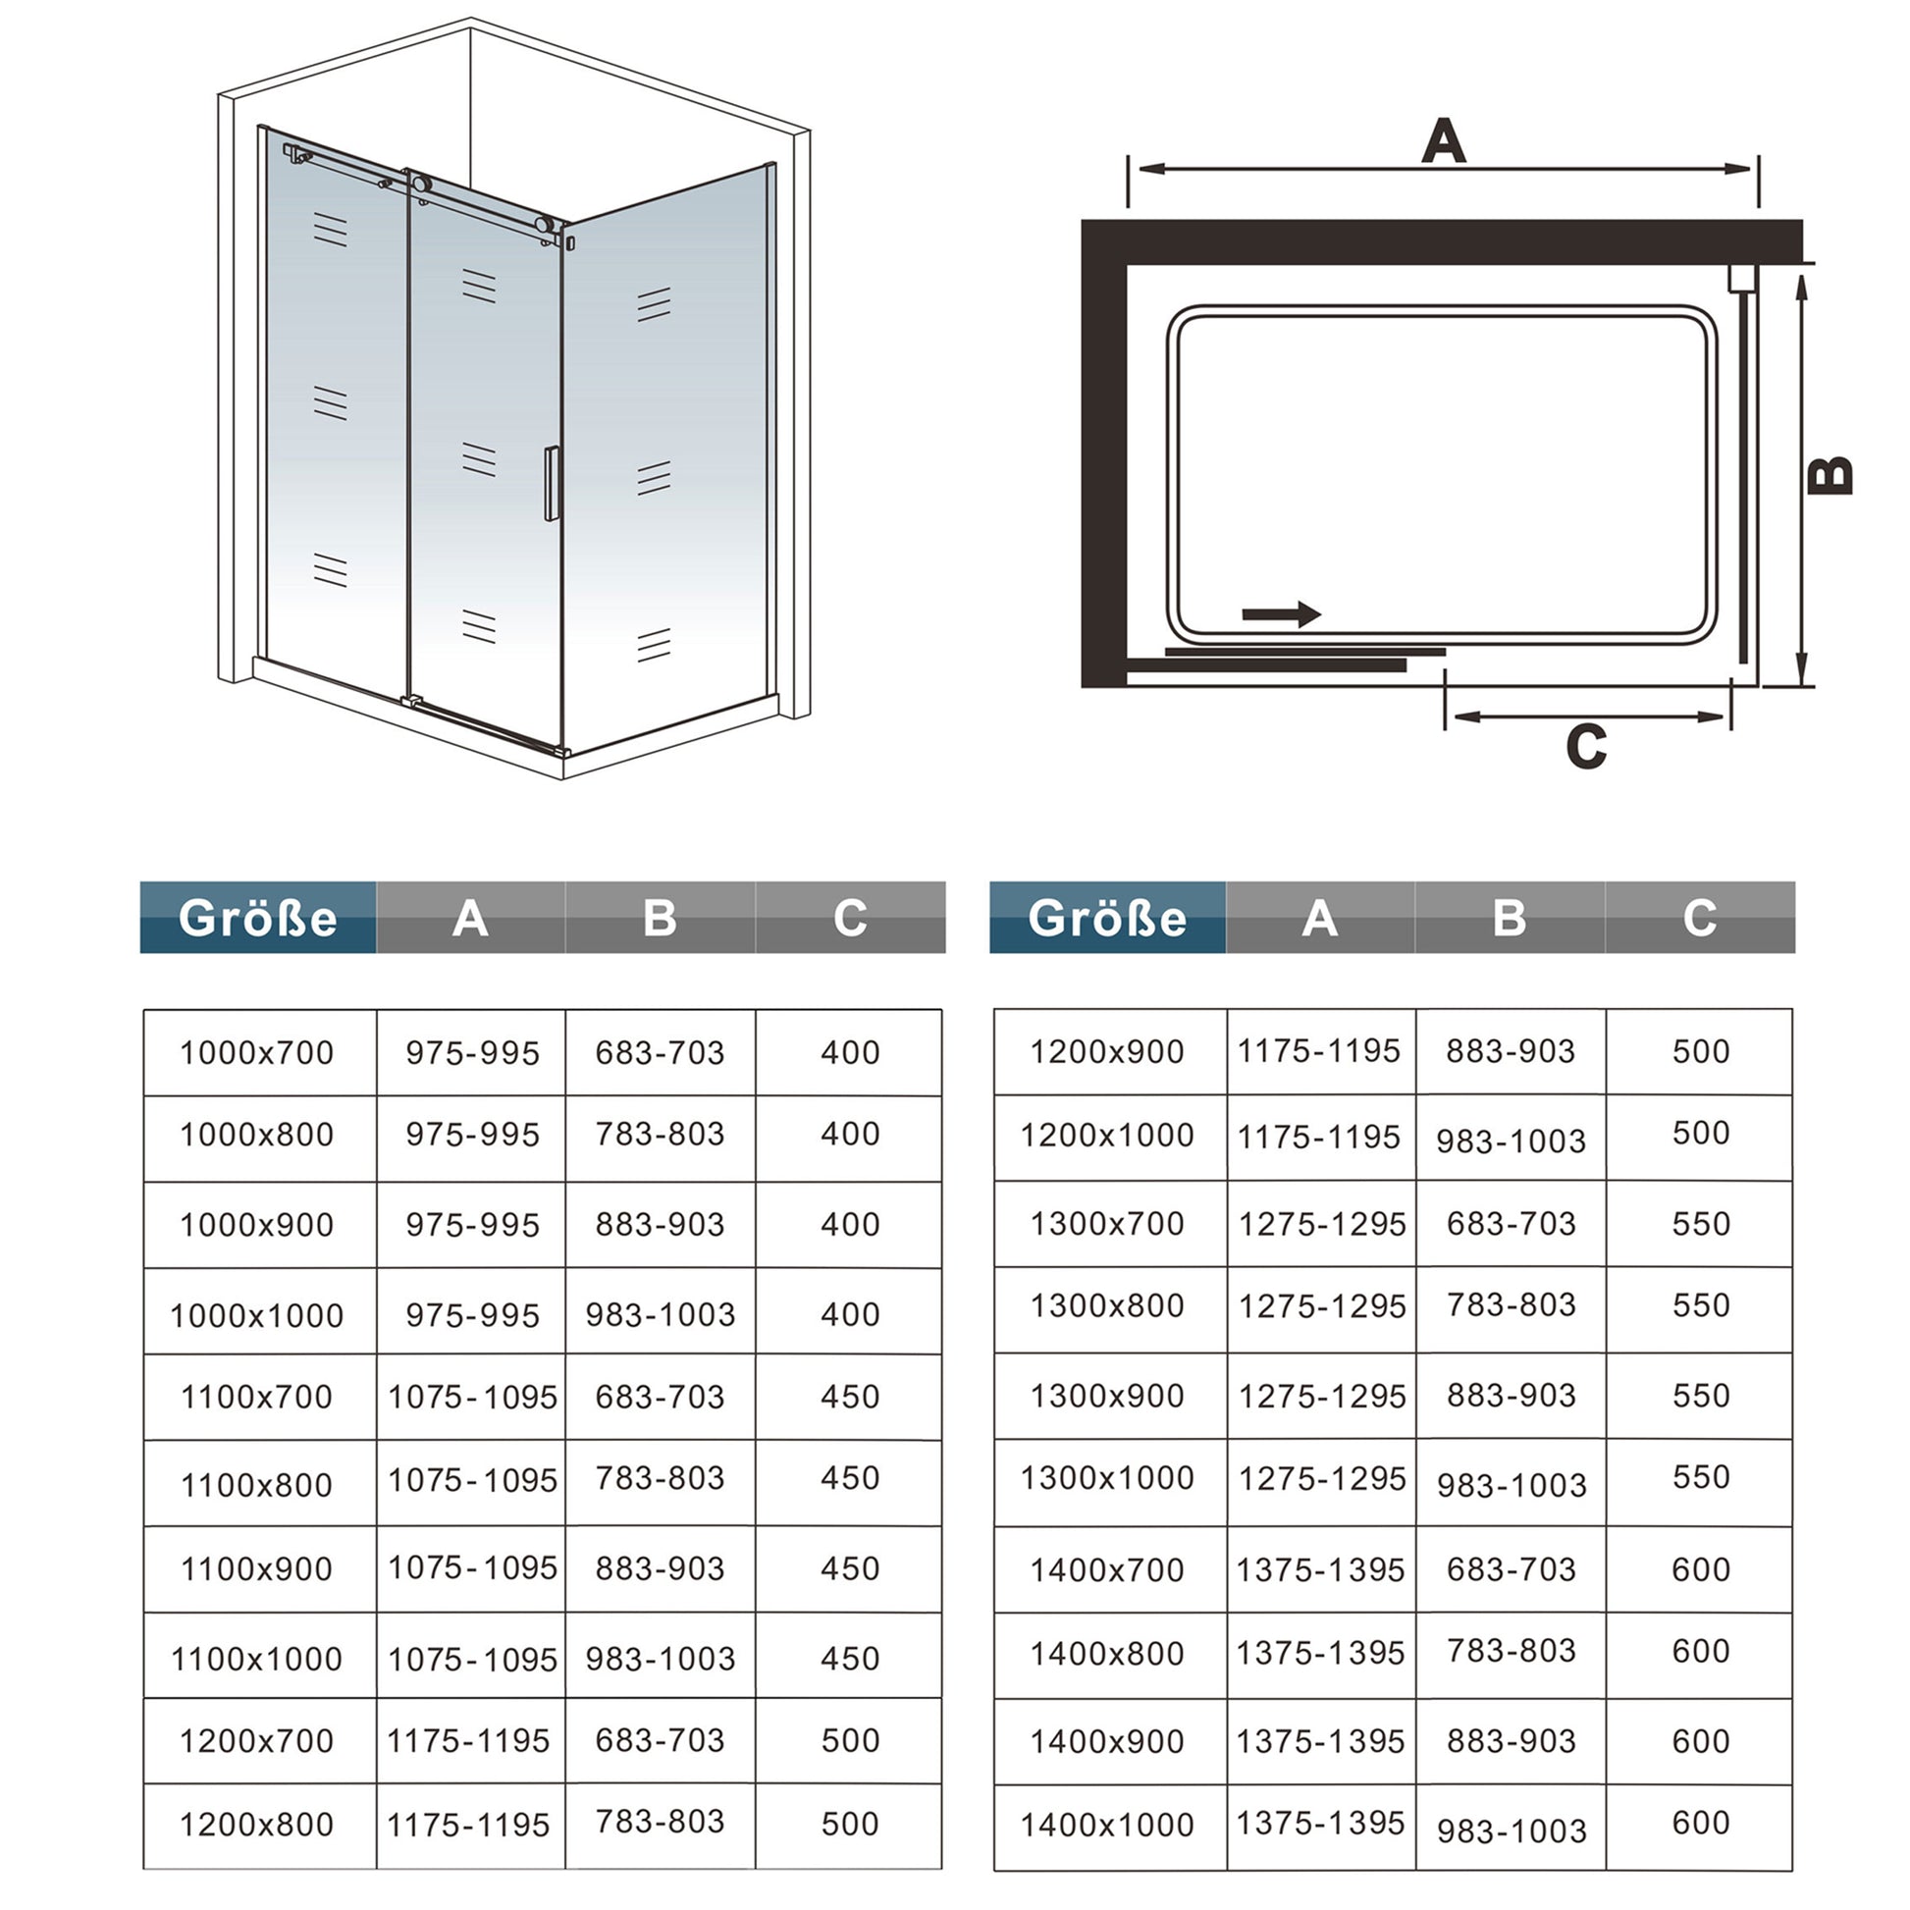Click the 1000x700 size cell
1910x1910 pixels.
point(257,1053)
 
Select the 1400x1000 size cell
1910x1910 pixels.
point(1107,1824)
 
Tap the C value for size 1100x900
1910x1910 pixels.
point(850,1568)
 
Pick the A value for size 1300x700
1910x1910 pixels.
point(1322,1225)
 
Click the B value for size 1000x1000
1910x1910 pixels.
point(661,1315)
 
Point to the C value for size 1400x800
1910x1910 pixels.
point(1700,1651)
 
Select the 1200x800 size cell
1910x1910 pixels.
point(257,1824)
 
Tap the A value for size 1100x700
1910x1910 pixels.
point(472,1397)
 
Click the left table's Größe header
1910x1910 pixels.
point(258,918)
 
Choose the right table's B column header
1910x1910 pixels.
point(1510,918)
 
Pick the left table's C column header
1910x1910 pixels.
point(850,918)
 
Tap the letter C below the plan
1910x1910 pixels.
point(1587,746)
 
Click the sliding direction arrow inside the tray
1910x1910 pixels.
point(1281,614)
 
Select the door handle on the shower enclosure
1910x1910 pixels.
point(552,484)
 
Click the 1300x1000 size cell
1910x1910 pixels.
point(1107,1478)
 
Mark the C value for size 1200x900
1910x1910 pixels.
point(1700,1051)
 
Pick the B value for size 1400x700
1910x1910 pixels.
point(1511,1568)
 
